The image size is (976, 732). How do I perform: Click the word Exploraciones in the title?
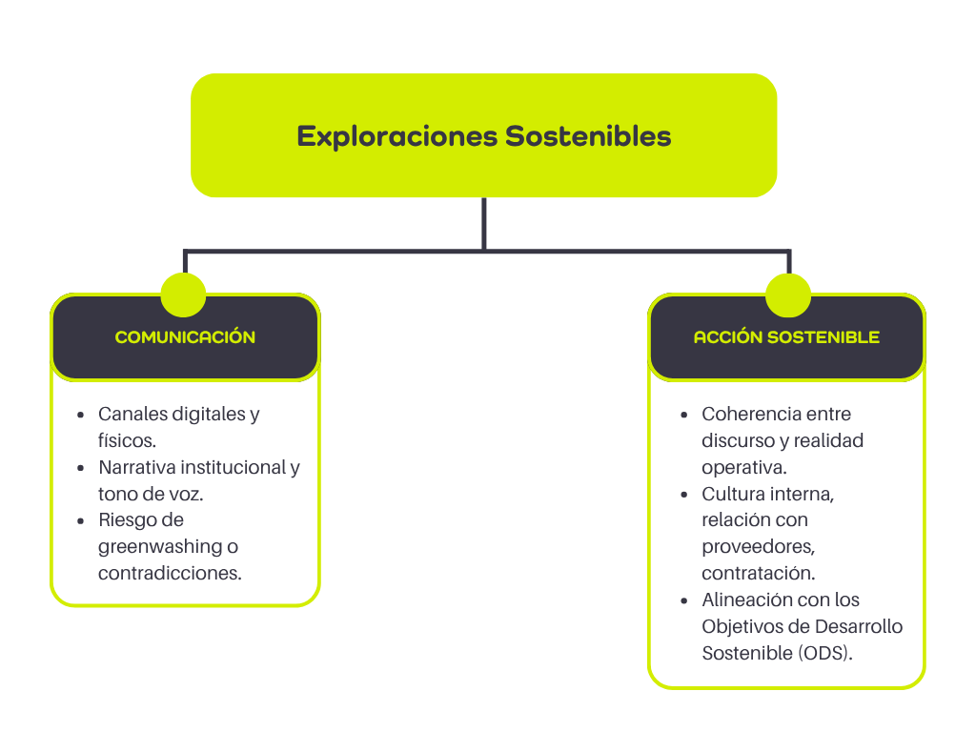pos(396,136)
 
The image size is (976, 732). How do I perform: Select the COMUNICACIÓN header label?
pos(185,337)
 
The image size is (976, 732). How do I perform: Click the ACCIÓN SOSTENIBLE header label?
pos(786,337)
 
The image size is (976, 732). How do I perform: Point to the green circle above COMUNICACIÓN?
pos(184,295)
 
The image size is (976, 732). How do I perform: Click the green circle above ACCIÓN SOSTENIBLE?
pos(788,295)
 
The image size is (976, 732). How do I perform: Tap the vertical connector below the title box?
pos(484,223)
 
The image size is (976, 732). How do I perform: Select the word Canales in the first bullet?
pos(132,415)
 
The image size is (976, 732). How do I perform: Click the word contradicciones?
pos(170,574)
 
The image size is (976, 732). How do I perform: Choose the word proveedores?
pos(758,547)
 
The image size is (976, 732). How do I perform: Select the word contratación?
pos(759,574)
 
